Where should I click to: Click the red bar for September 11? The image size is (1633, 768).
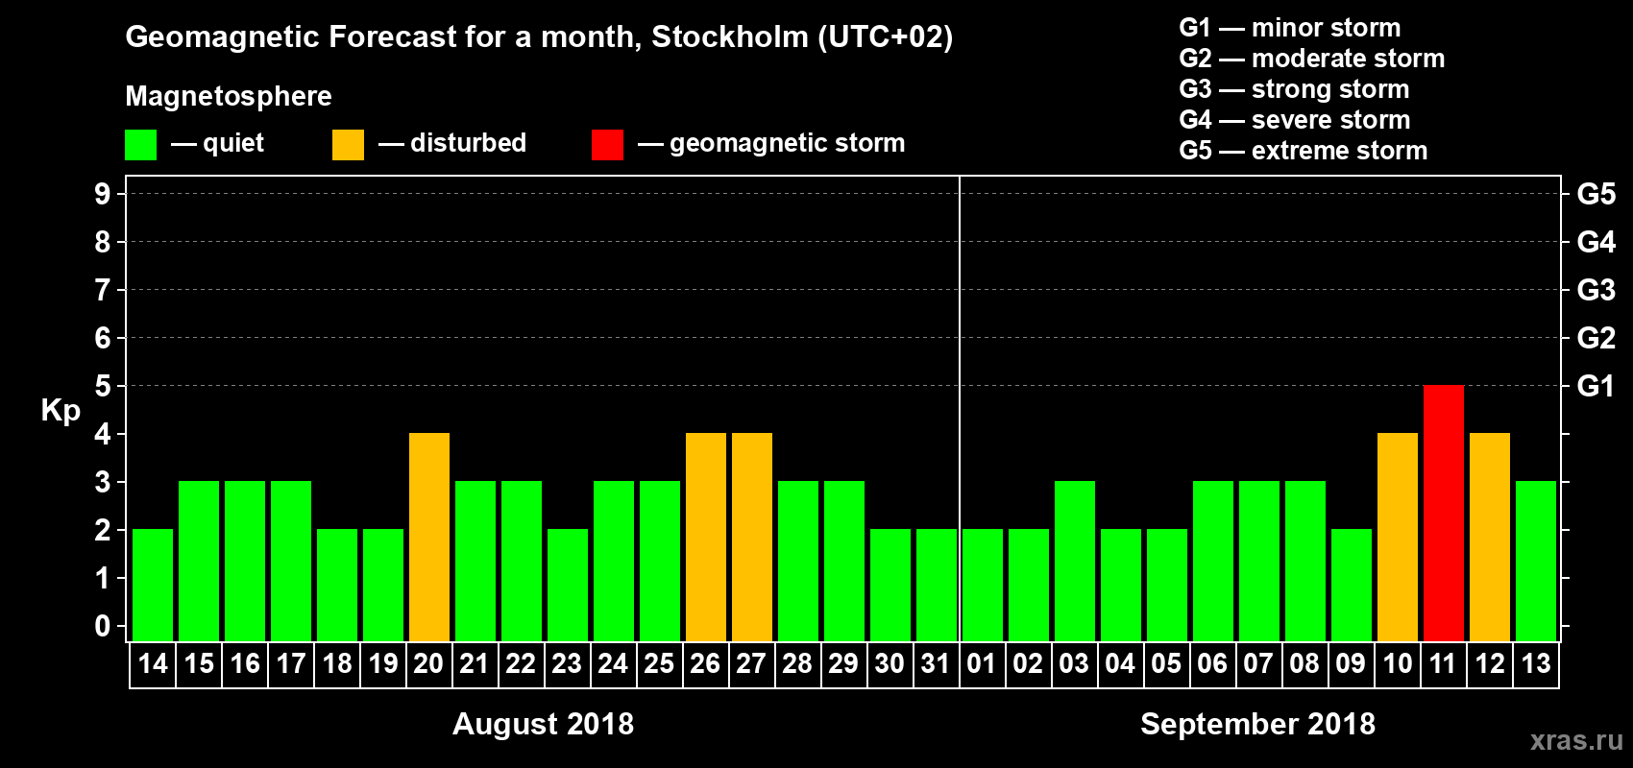(1443, 514)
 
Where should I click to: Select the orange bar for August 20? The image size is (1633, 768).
(428, 538)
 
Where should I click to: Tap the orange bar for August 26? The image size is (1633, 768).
(705, 538)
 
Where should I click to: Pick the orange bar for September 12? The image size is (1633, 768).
(1489, 538)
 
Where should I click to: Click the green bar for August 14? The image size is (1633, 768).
(152, 586)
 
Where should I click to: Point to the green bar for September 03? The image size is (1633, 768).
(1074, 562)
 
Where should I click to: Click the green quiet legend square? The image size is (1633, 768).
(140, 145)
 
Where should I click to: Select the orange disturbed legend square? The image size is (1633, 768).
(348, 145)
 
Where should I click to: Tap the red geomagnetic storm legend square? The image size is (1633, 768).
(607, 145)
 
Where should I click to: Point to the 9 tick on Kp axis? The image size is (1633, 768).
(103, 194)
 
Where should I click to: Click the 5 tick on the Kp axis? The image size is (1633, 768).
(103, 386)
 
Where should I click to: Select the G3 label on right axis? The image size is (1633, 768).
(1596, 290)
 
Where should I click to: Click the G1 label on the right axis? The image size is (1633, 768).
(1596, 386)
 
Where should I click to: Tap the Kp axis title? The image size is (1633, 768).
(61, 411)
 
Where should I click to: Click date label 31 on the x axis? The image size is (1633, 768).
(936, 663)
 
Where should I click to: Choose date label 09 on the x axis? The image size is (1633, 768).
(1351, 663)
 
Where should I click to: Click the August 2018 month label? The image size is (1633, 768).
(543, 724)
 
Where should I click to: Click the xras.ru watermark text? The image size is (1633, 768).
(1576, 740)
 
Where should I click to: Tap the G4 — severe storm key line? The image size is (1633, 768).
(1294, 120)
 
